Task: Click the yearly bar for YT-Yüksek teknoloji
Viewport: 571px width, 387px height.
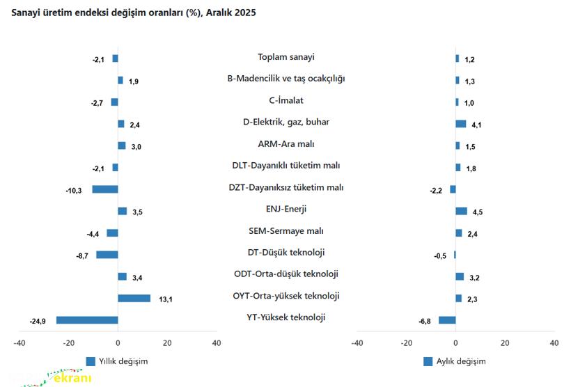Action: (x=87, y=320)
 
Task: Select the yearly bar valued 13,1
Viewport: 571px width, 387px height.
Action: (x=134, y=298)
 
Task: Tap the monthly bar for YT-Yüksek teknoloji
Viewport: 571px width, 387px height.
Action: (x=447, y=320)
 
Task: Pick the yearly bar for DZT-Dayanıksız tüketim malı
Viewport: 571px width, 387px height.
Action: (x=105, y=189)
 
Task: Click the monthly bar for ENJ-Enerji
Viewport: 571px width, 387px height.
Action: (x=461, y=211)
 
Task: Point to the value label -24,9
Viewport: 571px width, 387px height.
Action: (x=38, y=321)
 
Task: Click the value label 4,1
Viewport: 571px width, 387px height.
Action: (x=477, y=125)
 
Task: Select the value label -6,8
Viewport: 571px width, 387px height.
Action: (x=425, y=321)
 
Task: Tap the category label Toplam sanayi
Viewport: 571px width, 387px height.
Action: (x=285, y=57)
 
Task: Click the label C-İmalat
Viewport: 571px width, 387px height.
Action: (x=285, y=100)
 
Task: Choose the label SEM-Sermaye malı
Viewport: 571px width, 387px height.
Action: (x=285, y=231)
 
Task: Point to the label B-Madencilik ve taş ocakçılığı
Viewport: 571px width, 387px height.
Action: (x=285, y=79)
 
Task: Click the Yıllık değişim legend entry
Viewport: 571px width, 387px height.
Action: (x=117, y=361)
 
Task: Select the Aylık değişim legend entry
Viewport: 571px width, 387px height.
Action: (x=454, y=361)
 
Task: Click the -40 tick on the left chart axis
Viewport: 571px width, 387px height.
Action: (x=19, y=343)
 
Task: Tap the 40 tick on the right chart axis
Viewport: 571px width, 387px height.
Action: (x=554, y=343)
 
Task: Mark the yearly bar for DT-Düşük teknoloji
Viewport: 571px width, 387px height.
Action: (x=107, y=255)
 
